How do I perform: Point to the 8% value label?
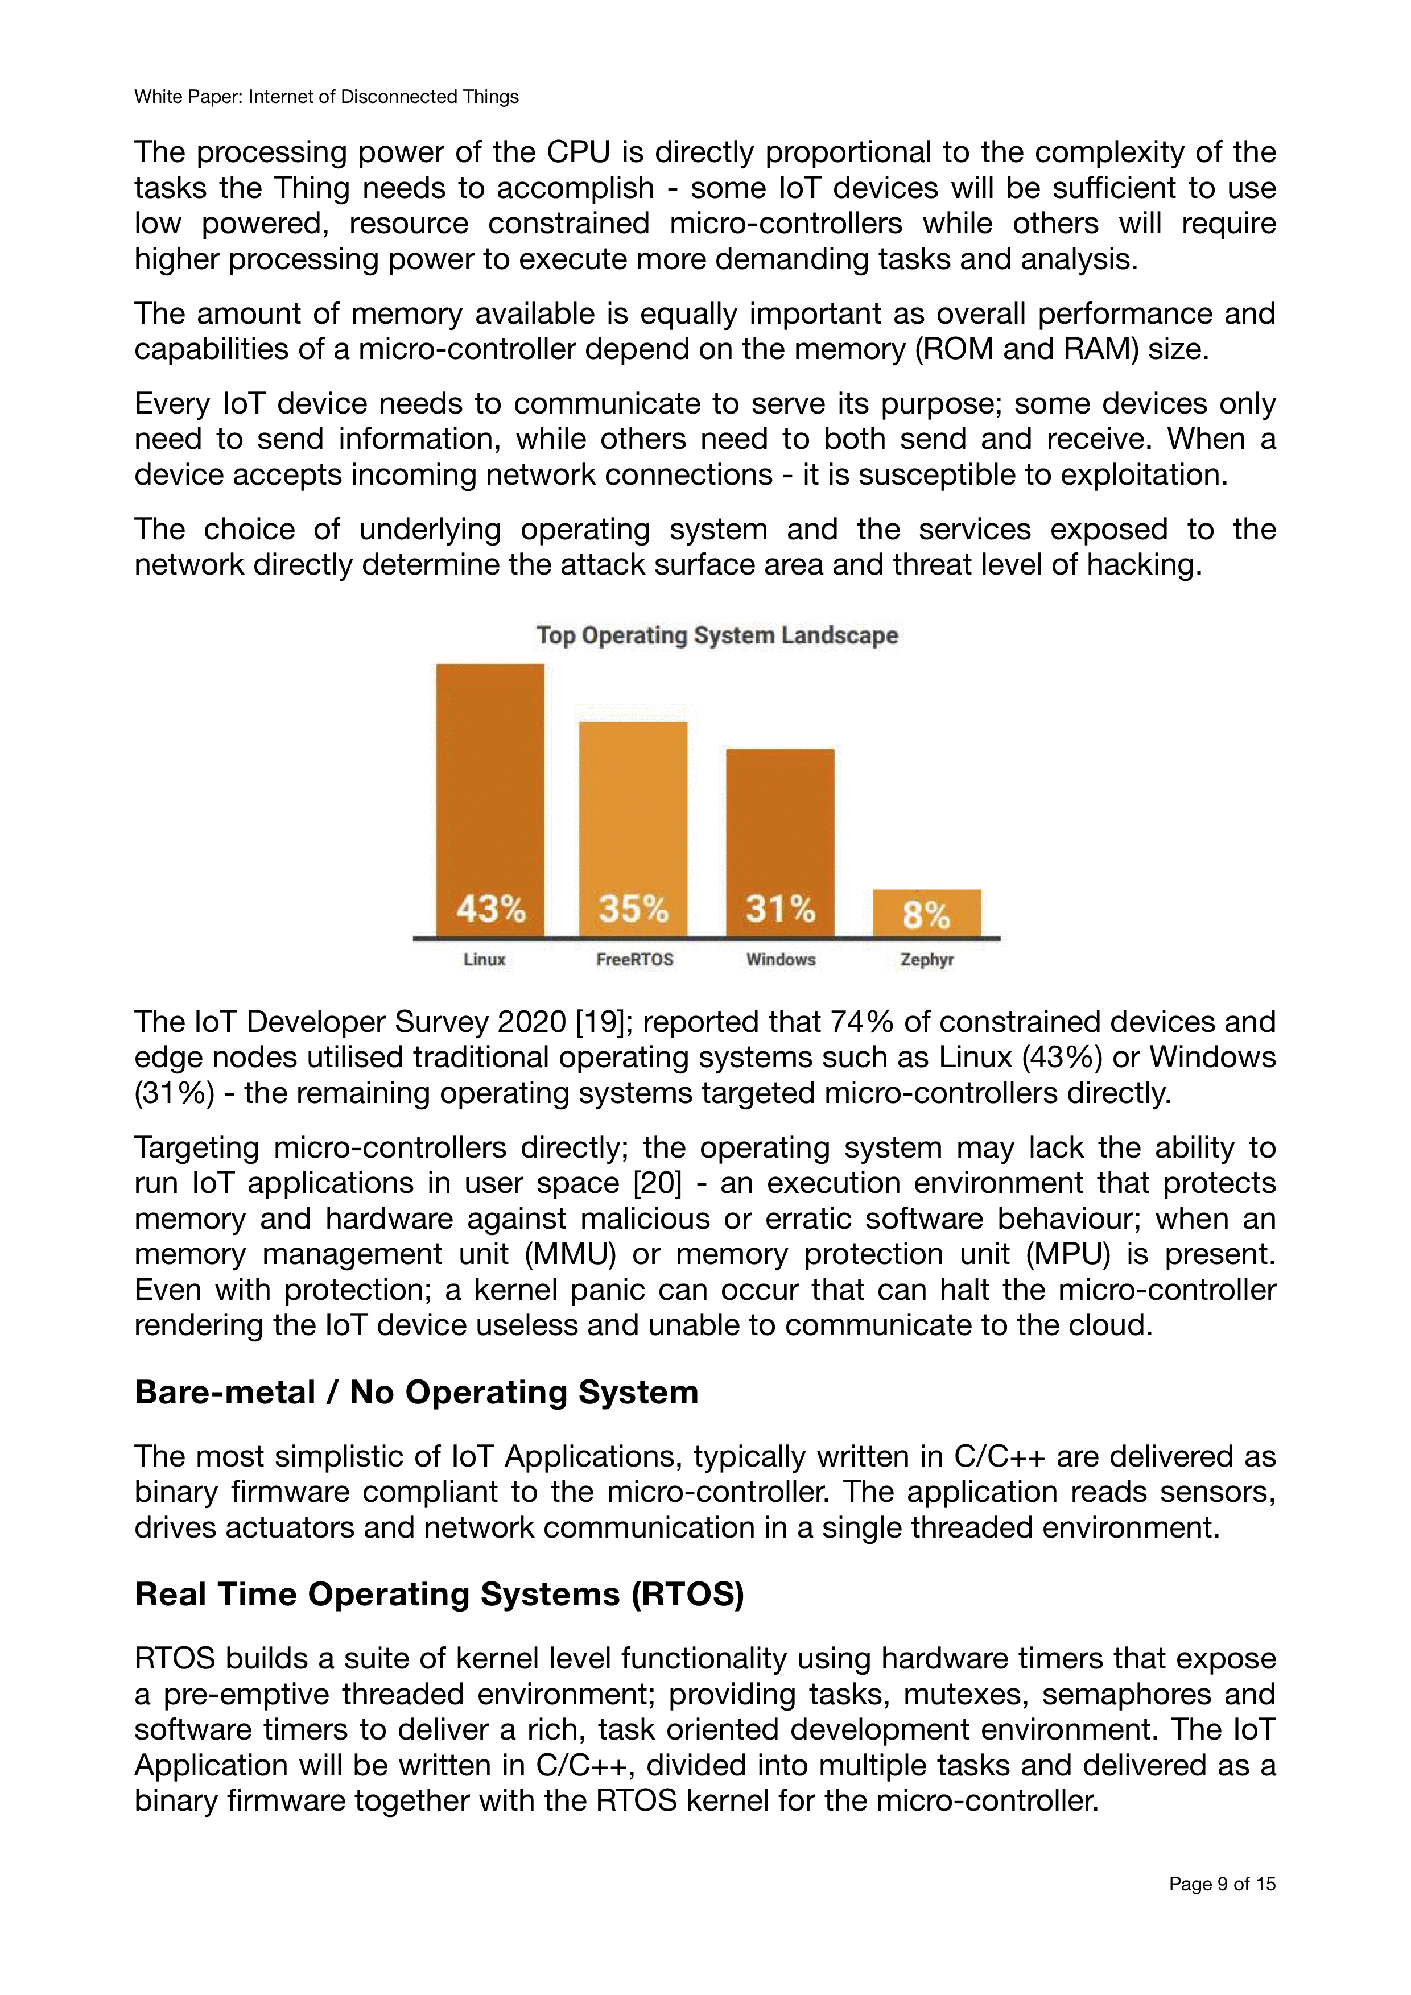tap(926, 914)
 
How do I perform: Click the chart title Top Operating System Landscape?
tap(717, 635)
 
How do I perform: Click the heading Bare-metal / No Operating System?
tap(416, 1392)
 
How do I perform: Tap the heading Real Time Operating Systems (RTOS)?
tap(439, 1593)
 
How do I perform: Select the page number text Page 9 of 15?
tap(1222, 1884)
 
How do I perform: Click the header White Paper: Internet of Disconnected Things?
tap(326, 97)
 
